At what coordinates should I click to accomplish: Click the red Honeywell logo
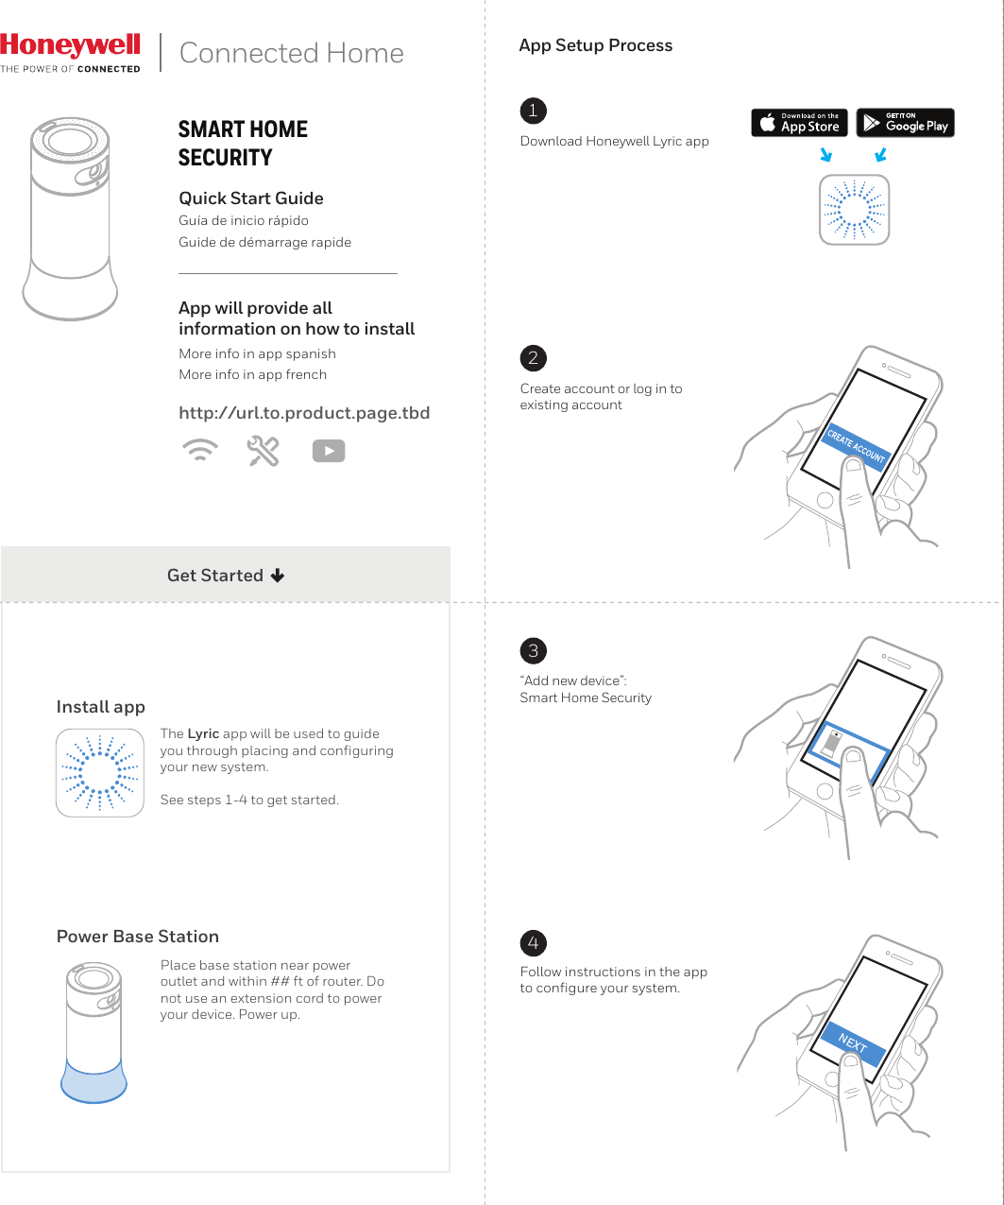pos(71,46)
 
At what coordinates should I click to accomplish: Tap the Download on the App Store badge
pos(799,123)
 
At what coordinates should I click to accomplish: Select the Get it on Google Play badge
pos(905,123)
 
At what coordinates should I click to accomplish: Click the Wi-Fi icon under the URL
pos(198,451)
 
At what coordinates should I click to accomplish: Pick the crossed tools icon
pos(264,452)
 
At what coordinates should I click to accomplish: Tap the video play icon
pos(329,452)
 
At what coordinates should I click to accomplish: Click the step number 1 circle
pos(533,111)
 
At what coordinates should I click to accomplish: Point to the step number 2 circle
pos(533,358)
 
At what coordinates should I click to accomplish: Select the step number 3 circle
pos(533,650)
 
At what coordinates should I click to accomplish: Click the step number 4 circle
pos(533,943)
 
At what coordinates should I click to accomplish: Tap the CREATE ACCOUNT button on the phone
pos(856,446)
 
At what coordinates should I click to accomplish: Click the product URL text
pos(304,413)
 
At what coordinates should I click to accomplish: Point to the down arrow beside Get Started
pos(278,576)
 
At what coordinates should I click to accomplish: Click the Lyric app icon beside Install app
pos(100,773)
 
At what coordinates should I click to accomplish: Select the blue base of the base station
pos(94,1083)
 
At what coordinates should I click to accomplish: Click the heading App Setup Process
pos(595,45)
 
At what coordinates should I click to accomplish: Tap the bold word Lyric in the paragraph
pos(203,733)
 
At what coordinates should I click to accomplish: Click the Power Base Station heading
pos(138,937)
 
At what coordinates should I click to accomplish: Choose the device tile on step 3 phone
pos(848,747)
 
